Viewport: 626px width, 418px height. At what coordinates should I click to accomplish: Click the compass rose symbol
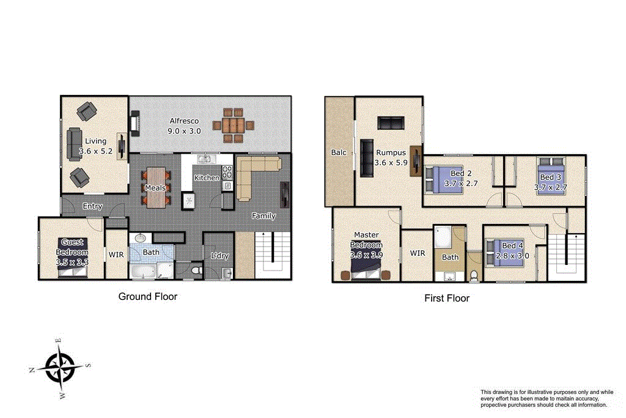click(x=60, y=368)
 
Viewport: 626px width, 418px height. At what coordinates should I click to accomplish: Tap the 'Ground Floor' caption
click(x=147, y=297)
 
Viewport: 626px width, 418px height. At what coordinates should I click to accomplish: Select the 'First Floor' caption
click(x=447, y=299)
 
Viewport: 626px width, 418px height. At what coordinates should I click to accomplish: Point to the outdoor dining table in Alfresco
click(x=233, y=125)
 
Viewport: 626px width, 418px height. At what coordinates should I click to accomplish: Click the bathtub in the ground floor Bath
click(x=142, y=270)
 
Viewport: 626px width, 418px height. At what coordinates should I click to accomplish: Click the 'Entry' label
click(x=92, y=206)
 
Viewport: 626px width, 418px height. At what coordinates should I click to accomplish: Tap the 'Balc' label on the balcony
click(x=339, y=152)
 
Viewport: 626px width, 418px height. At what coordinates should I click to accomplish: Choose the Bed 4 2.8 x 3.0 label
click(x=512, y=251)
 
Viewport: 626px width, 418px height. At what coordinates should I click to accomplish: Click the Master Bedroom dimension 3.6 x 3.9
click(x=366, y=255)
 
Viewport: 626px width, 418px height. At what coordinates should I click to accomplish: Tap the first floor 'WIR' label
click(x=417, y=253)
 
